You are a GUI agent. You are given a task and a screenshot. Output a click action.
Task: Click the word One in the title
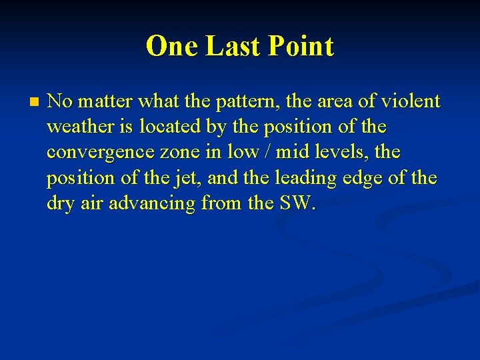click(x=173, y=47)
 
